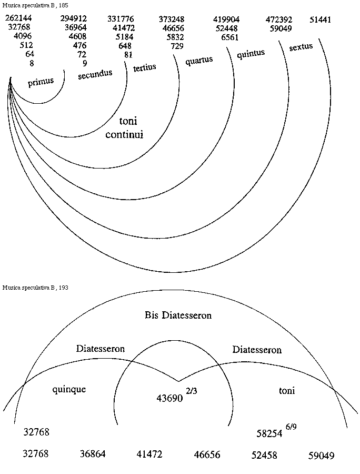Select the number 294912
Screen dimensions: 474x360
[74, 19]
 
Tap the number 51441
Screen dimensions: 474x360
[320, 19]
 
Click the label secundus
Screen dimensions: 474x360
[95, 74]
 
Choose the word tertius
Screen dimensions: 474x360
[145, 68]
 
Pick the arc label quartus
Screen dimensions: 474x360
[199, 61]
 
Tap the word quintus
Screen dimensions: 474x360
[251, 54]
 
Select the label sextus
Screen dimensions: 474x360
[301, 47]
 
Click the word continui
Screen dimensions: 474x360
[124, 134]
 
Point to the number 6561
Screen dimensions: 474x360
[230, 37]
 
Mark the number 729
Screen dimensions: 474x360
[177, 46]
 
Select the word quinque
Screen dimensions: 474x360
[69, 390]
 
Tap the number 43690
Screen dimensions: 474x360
[169, 399]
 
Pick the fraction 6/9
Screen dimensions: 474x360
[291, 427]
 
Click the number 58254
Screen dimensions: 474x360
[269, 433]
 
